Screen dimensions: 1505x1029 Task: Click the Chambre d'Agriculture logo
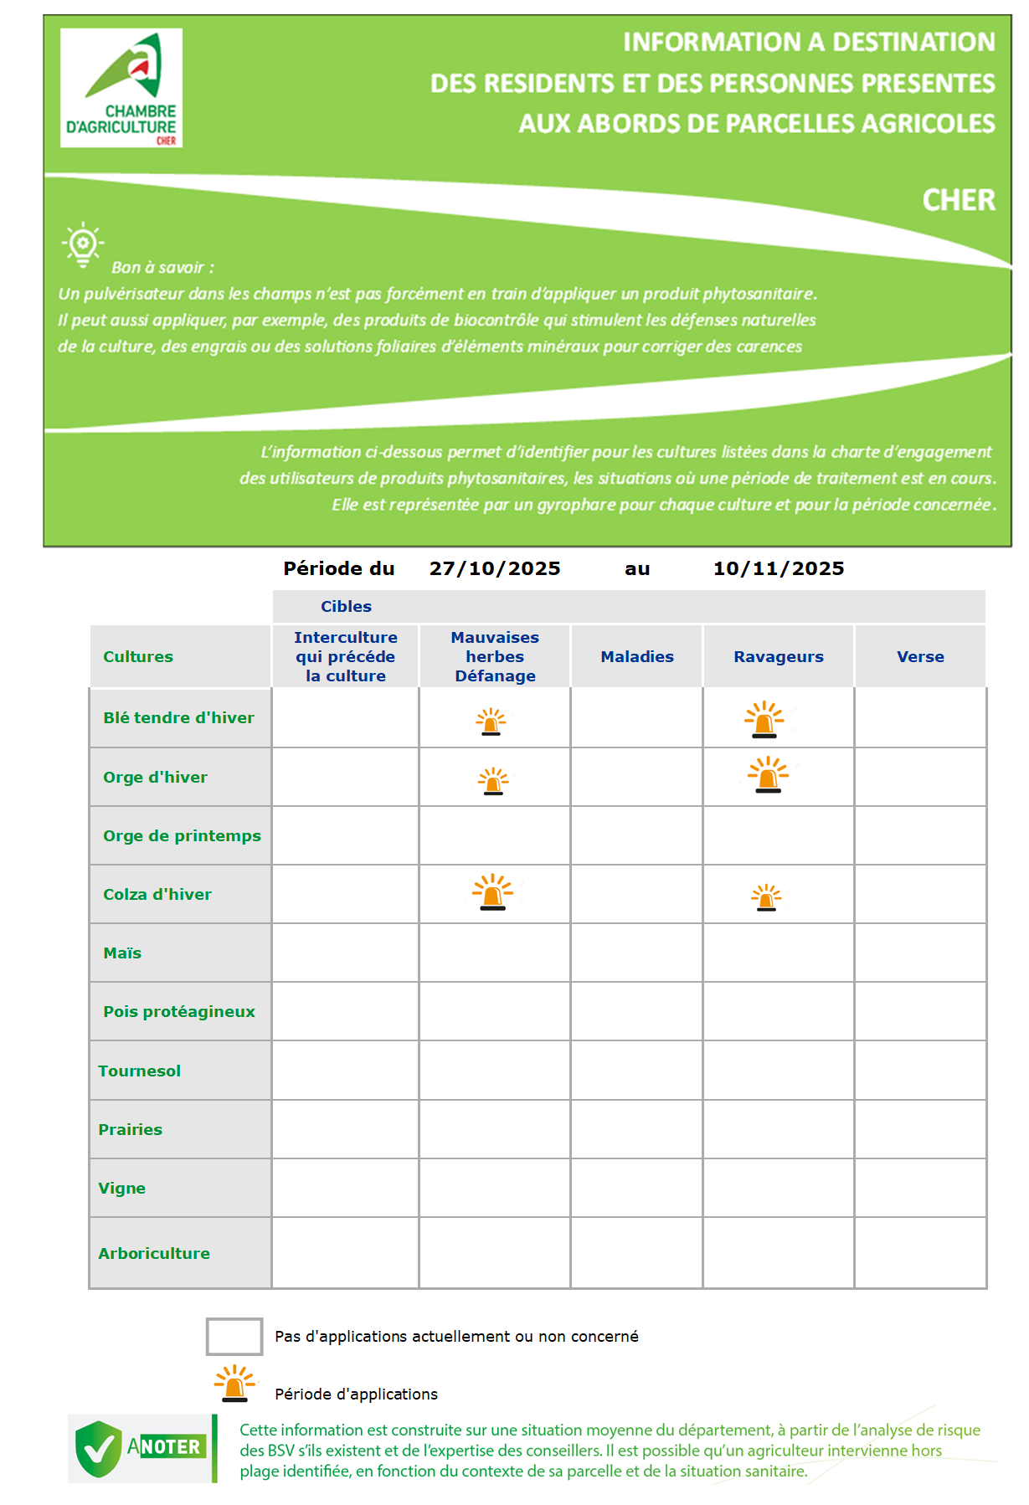click(x=121, y=88)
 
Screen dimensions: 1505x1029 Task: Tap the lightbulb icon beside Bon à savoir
click(x=82, y=244)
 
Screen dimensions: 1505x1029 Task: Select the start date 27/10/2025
click(x=495, y=569)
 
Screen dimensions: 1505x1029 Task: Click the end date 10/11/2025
click(x=778, y=569)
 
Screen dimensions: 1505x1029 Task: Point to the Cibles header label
click(x=346, y=607)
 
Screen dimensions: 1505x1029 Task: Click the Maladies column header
click(x=637, y=657)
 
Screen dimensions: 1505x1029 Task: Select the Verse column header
click(x=920, y=657)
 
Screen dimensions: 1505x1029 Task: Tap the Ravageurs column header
click(x=779, y=657)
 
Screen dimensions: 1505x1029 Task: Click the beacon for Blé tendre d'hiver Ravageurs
click(x=764, y=720)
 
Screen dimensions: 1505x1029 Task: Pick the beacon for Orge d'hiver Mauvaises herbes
click(x=493, y=781)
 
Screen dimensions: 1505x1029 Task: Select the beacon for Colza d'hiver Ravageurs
click(x=766, y=897)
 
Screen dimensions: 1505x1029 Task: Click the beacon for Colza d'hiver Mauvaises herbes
click(x=492, y=892)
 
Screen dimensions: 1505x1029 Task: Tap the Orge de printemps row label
click(x=182, y=836)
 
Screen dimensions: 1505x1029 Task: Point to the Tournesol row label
click(x=139, y=1071)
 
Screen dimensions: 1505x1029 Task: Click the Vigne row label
click(x=121, y=1189)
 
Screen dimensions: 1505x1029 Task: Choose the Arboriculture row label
click(x=154, y=1254)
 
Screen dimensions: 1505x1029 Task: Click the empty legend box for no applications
click(x=234, y=1336)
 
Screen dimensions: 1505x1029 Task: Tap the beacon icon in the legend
click(x=235, y=1384)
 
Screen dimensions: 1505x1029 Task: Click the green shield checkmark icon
click(x=99, y=1449)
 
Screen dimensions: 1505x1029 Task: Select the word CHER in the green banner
click(x=959, y=201)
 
